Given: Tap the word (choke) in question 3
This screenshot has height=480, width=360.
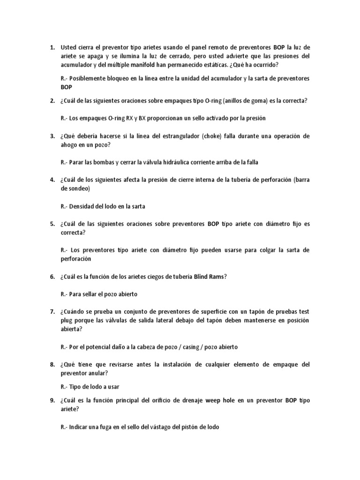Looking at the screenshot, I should (x=214, y=136).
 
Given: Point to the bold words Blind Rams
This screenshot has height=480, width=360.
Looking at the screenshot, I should (x=210, y=277).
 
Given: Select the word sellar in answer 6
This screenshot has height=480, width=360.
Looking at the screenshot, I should (x=94, y=294).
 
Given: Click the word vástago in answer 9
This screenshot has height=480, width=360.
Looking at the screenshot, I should (x=159, y=427).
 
